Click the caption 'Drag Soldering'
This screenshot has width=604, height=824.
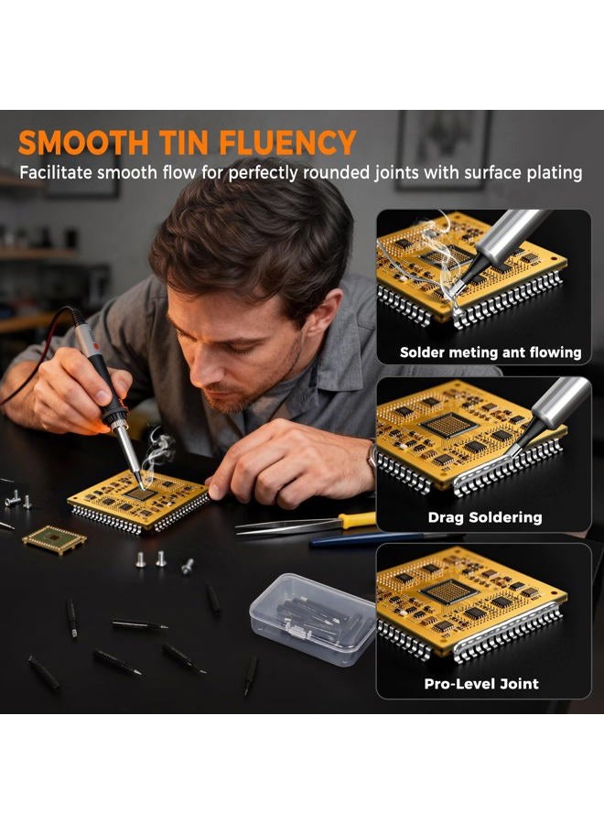point(485,517)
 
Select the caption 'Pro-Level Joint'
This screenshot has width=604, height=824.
point(481,684)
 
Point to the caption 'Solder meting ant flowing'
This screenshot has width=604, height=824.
point(491,352)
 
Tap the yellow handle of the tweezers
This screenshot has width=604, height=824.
point(358,520)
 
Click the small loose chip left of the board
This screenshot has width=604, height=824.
point(55,539)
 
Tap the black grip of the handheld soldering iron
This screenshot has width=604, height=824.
point(103,386)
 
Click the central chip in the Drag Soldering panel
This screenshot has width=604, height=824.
point(449,425)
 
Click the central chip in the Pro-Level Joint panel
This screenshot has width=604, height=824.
point(449,591)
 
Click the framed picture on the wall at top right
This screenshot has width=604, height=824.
point(444,150)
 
